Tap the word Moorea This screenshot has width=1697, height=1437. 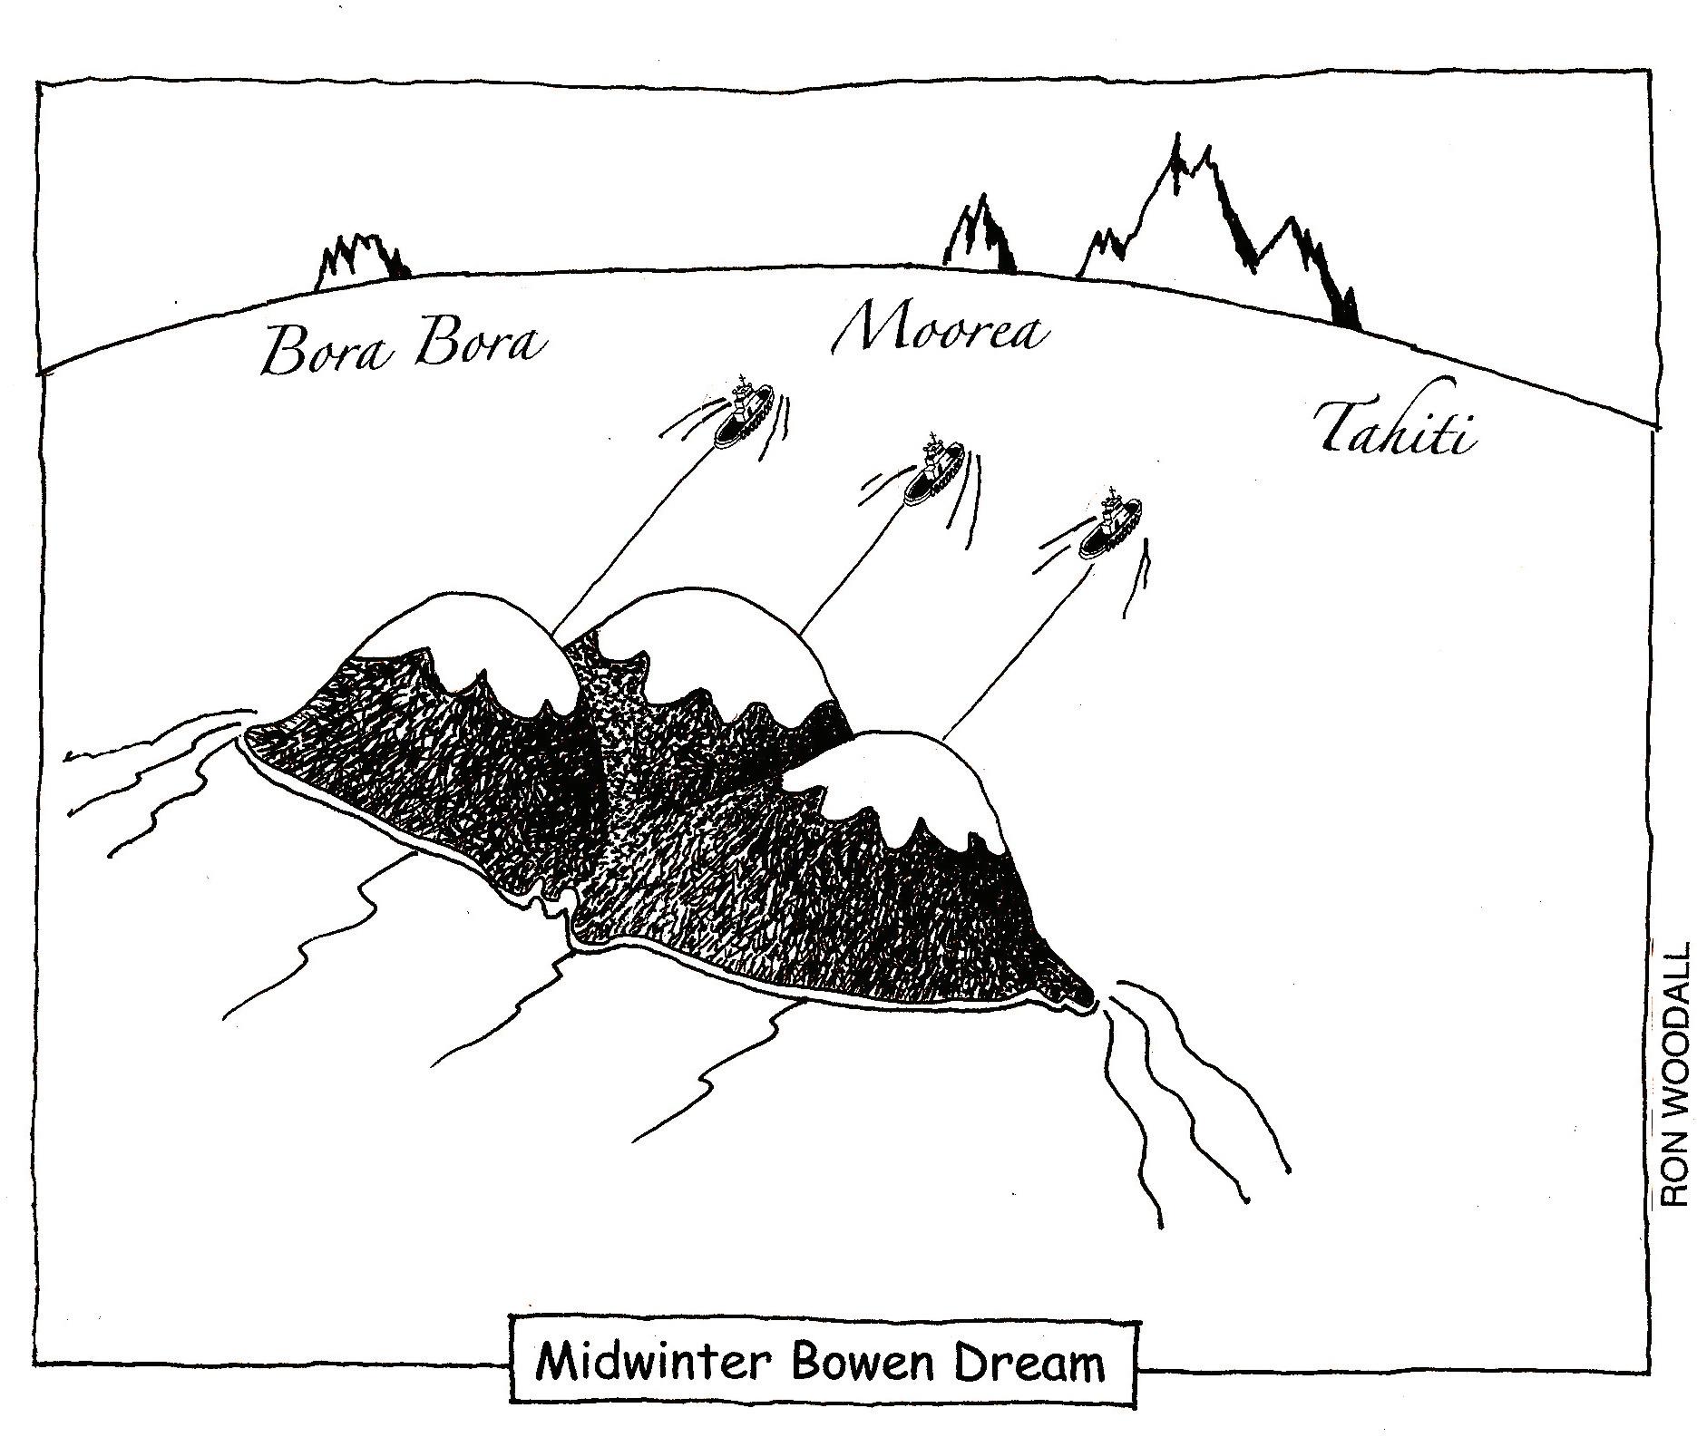point(941,328)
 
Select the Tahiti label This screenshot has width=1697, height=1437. point(1392,431)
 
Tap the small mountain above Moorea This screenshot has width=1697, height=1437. point(982,236)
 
